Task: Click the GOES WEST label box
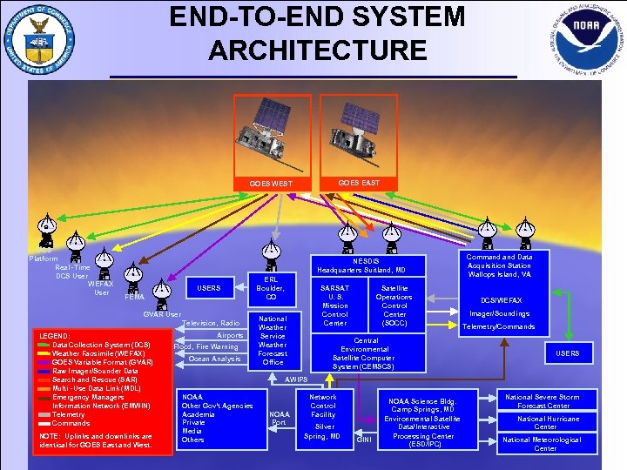pyautogui.click(x=271, y=184)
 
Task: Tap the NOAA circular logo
pyautogui.click(x=588, y=39)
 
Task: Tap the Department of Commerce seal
pyautogui.click(x=39, y=39)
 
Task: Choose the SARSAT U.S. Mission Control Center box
pyautogui.click(x=335, y=305)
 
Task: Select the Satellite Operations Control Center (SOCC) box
pyautogui.click(x=394, y=305)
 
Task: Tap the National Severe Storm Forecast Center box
pyautogui.click(x=544, y=401)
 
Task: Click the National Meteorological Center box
pyautogui.click(x=544, y=444)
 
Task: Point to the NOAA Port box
pyautogui.click(x=279, y=419)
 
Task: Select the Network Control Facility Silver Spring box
pyautogui.click(x=324, y=416)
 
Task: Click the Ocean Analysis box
pyautogui.click(x=215, y=359)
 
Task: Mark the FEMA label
pyautogui.click(x=134, y=297)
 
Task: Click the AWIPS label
pyautogui.click(x=296, y=379)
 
